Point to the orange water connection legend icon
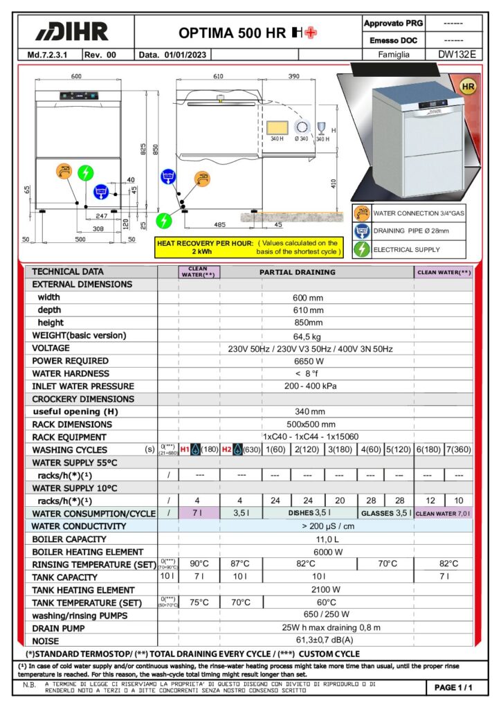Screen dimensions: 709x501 361,213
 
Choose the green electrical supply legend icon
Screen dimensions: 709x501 361,249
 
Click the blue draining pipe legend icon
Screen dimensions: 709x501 361,231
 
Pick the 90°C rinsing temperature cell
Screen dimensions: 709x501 199,564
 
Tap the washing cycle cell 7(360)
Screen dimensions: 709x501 458,449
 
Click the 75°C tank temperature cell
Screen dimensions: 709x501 199,602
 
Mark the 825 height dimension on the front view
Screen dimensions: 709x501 143,149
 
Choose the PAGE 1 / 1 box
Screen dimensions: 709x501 453,688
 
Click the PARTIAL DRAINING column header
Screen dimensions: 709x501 297,272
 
